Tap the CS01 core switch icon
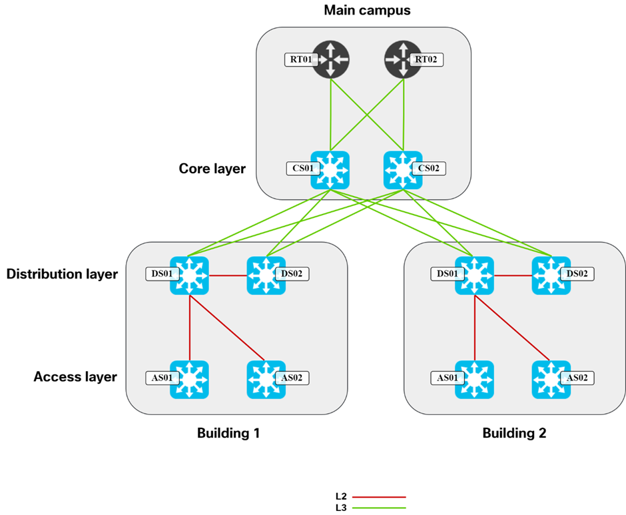(330, 170)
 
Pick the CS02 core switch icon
(403, 170)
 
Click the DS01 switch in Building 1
(190, 275)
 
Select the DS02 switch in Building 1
(266, 275)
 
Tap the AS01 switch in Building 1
(190, 379)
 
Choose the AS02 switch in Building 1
(266, 379)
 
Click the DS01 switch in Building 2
(474, 275)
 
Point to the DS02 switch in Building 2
(551, 275)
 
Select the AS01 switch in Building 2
(474, 379)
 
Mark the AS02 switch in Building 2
(551, 379)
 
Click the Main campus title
(367, 10)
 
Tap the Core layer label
(212, 169)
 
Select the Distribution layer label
(62, 273)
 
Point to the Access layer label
(75, 377)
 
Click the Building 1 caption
(228, 433)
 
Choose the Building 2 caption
(514, 433)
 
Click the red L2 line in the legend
(378, 497)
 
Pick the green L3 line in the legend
(378, 508)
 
